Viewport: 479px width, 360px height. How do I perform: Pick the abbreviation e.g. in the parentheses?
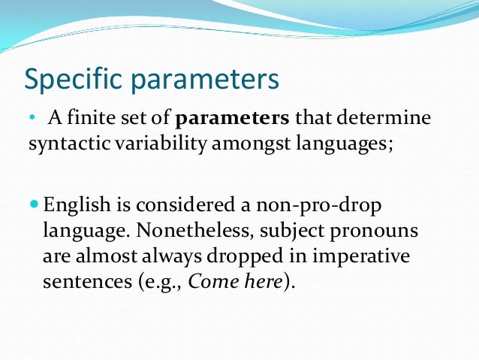tap(150, 283)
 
